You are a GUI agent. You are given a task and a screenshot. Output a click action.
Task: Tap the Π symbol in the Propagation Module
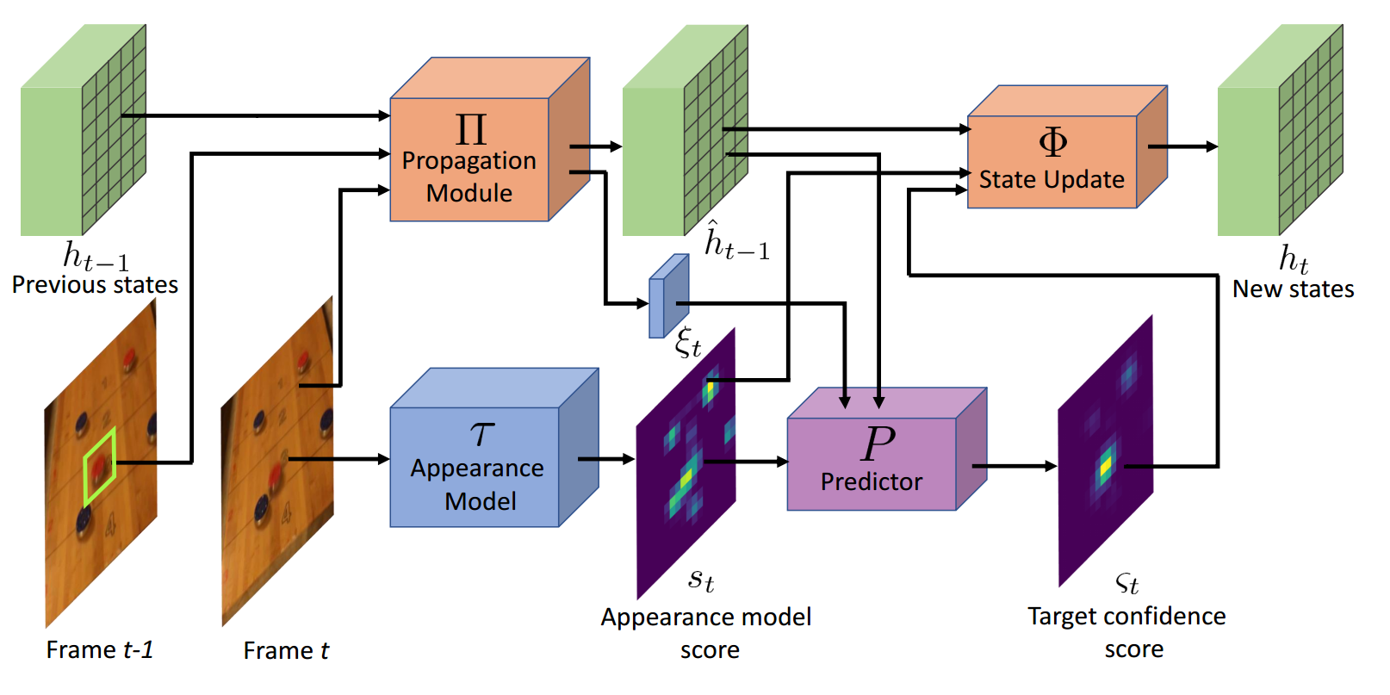(x=471, y=130)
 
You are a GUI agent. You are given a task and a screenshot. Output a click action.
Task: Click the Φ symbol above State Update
(x=1052, y=141)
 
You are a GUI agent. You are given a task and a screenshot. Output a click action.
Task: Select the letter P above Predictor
(x=878, y=444)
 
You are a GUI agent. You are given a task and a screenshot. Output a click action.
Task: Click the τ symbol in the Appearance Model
(x=482, y=432)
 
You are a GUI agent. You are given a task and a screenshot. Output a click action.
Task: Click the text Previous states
(x=95, y=285)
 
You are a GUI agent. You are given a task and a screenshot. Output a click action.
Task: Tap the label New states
(x=1293, y=289)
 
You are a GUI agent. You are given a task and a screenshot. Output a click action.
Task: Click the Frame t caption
(x=286, y=650)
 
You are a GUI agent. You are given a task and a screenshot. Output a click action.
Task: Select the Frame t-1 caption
(x=100, y=649)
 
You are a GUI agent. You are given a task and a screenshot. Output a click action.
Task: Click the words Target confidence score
(x=1126, y=632)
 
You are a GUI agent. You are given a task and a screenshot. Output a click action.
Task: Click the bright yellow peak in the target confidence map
(x=1105, y=466)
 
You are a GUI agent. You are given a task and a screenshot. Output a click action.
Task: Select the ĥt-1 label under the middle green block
(x=737, y=242)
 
